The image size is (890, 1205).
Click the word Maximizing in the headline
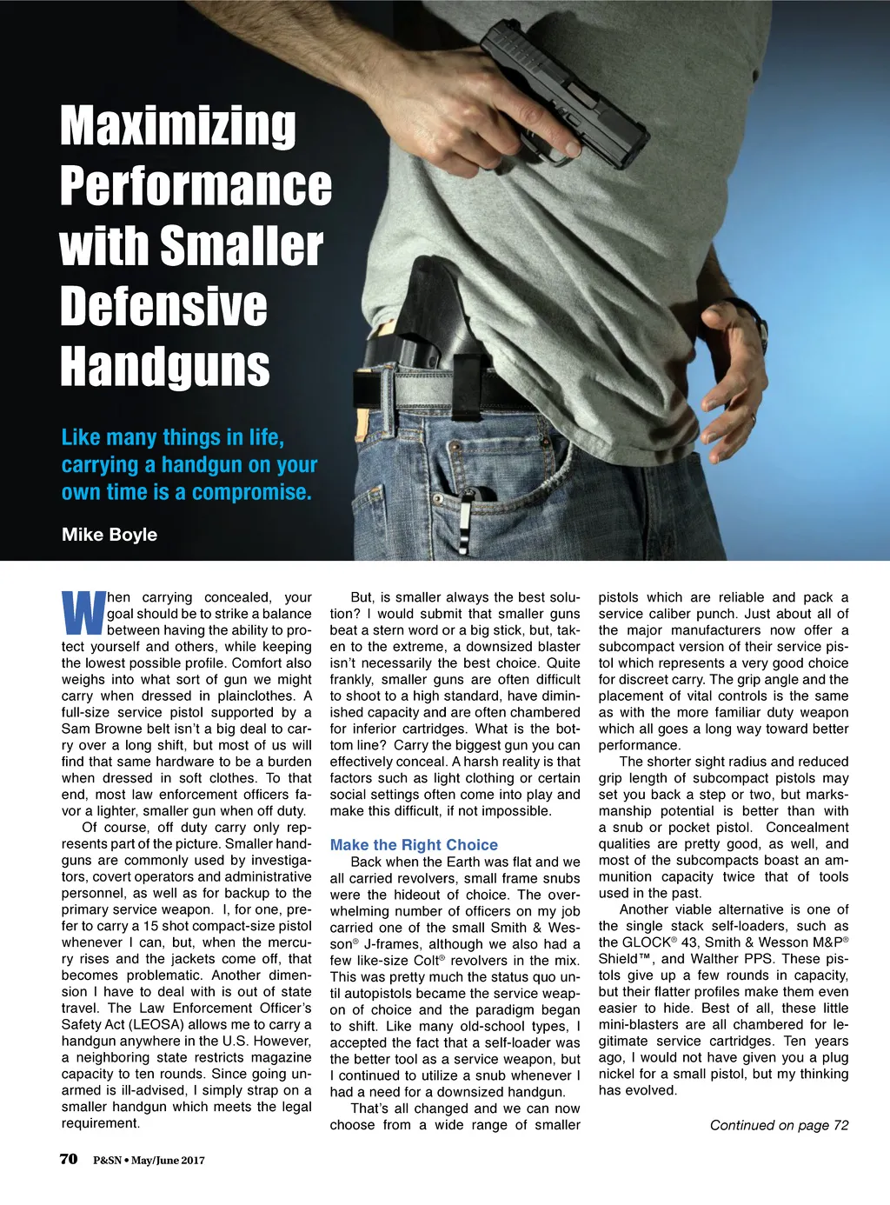pos(178,125)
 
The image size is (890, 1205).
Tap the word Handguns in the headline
pos(165,366)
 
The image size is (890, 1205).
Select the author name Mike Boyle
pos(110,535)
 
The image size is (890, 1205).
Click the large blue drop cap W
pos(83,614)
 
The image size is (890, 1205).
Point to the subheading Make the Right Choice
pos(414,845)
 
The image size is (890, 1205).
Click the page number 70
pos(69,1159)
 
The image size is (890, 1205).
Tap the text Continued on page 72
pos(779,1125)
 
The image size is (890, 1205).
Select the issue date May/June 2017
pos(168,1160)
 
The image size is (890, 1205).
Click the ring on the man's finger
pos(753,419)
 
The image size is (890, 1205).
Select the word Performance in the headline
pos(196,185)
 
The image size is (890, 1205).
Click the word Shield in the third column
pos(621,959)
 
